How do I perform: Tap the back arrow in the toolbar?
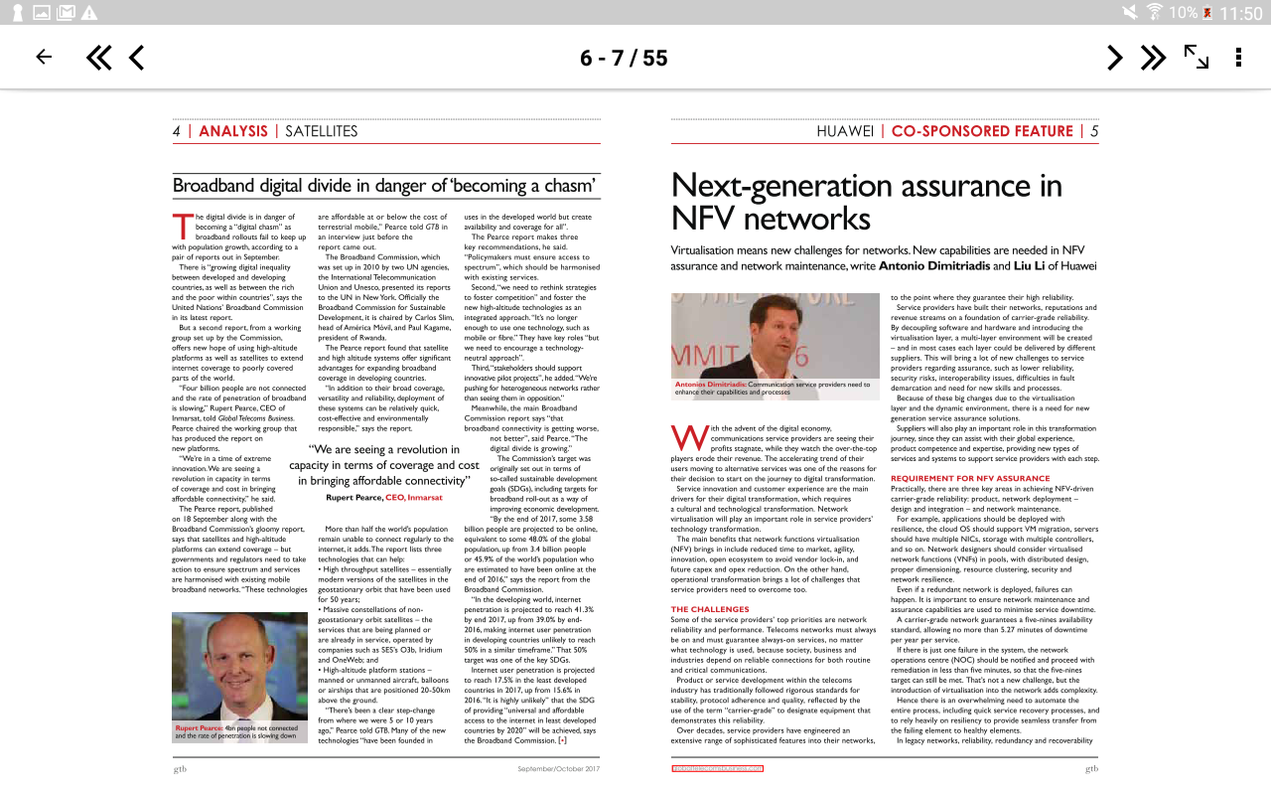44,58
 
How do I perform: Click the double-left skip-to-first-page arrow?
98,58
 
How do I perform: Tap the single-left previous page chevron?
137,58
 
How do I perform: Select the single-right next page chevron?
1115,58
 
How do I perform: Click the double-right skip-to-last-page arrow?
1153,58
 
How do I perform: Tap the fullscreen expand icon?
1197,58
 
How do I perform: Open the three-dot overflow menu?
1238,58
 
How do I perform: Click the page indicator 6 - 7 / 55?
624,58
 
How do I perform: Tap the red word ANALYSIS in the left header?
233,131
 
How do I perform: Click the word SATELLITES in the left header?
321,131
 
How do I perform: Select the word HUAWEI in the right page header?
845,131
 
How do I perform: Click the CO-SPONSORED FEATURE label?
982,131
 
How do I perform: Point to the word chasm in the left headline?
566,186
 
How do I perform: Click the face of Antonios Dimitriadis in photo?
760,333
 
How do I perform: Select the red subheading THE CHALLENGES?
710,609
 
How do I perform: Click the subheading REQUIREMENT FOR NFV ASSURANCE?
956,478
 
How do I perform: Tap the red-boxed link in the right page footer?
717,768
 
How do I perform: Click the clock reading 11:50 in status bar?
1239,13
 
